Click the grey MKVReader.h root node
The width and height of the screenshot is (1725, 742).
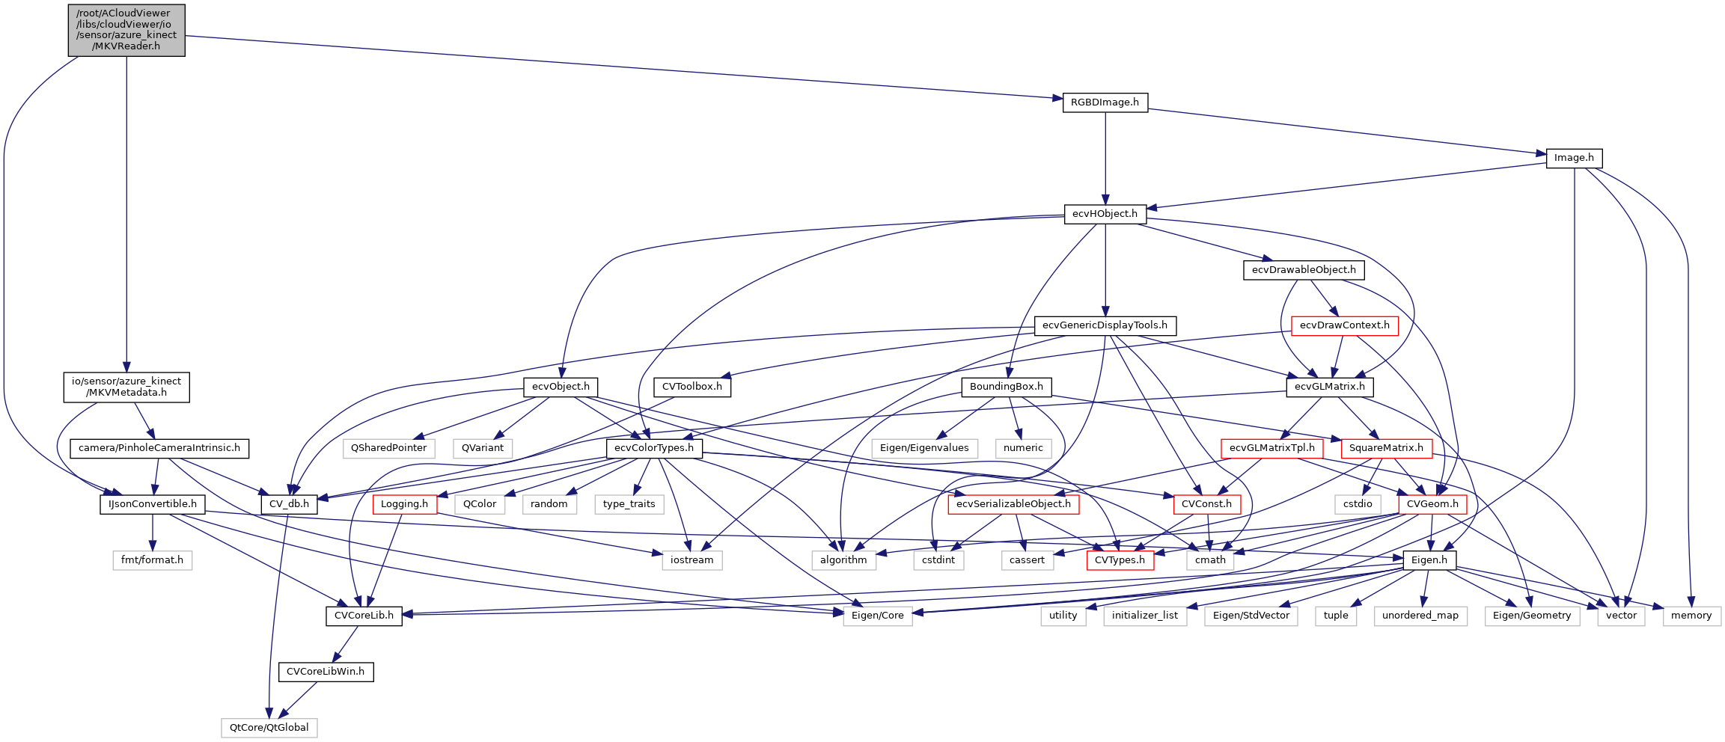[126, 30]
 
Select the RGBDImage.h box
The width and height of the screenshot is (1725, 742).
[1105, 102]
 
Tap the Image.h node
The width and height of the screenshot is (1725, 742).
[1574, 158]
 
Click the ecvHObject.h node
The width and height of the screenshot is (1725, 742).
[1105, 214]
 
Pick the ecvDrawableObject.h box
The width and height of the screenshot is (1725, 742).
[1304, 270]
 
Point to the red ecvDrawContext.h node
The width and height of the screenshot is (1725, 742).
[1344, 325]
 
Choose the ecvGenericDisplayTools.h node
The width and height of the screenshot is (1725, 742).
[1105, 325]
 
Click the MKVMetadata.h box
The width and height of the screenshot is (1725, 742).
[126, 387]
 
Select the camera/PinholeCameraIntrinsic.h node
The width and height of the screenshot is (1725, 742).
[159, 448]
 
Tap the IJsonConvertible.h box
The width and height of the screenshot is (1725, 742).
[153, 504]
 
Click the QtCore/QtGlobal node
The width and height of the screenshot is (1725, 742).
[269, 727]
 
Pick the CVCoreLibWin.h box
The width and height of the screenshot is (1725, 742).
[326, 672]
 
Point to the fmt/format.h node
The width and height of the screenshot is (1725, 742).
[153, 560]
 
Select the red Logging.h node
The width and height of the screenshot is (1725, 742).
[405, 504]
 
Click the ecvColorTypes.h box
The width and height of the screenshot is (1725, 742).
[654, 448]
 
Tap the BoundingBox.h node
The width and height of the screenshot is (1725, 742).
[1007, 387]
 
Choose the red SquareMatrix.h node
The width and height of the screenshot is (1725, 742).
[1386, 448]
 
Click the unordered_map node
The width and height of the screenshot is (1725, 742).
[1420, 616]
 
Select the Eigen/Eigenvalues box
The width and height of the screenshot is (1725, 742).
[924, 448]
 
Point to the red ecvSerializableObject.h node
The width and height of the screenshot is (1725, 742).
[1013, 504]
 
